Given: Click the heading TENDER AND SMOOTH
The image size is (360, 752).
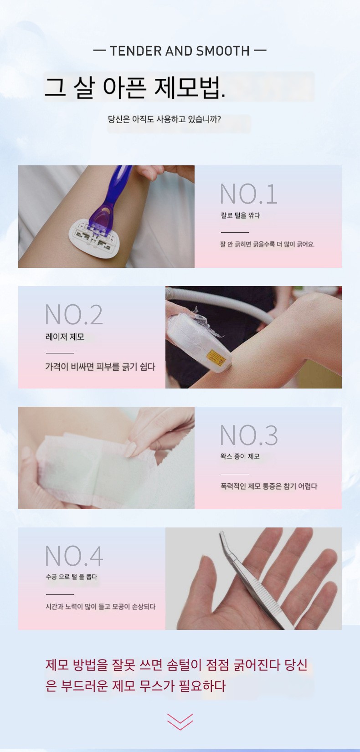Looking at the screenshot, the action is point(180,51).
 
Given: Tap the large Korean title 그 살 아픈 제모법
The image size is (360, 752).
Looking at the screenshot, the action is point(135,88).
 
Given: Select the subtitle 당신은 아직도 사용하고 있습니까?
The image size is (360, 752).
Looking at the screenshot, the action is point(164,119).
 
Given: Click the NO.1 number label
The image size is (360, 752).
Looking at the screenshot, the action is point(248,194).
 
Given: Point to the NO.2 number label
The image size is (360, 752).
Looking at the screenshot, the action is point(74,315).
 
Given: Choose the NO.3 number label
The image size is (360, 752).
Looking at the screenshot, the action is point(249,435).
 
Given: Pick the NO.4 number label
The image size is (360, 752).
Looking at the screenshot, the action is point(74,556).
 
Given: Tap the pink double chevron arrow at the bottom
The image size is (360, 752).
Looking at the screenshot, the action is point(180,721).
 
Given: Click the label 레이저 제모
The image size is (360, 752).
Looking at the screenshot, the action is point(65,337).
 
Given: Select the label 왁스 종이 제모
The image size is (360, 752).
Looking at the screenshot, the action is point(240,456).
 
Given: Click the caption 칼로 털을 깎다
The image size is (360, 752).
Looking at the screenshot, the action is point(240,215).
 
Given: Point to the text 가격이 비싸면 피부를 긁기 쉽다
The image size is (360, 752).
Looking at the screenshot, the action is point(100,367).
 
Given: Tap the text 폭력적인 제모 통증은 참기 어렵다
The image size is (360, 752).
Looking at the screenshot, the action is point(269,486).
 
